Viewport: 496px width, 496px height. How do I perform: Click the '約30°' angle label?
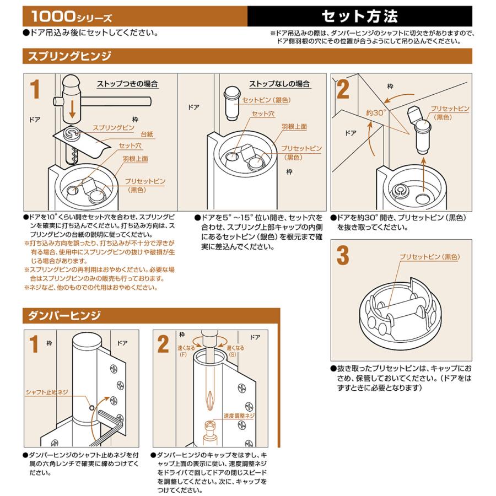click(x=376, y=112)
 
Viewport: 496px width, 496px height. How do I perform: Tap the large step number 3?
click(x=343, y=256)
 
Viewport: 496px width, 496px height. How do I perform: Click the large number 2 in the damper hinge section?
click(x=163, y=344)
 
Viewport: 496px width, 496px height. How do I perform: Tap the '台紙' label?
click(x=147, y=134)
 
